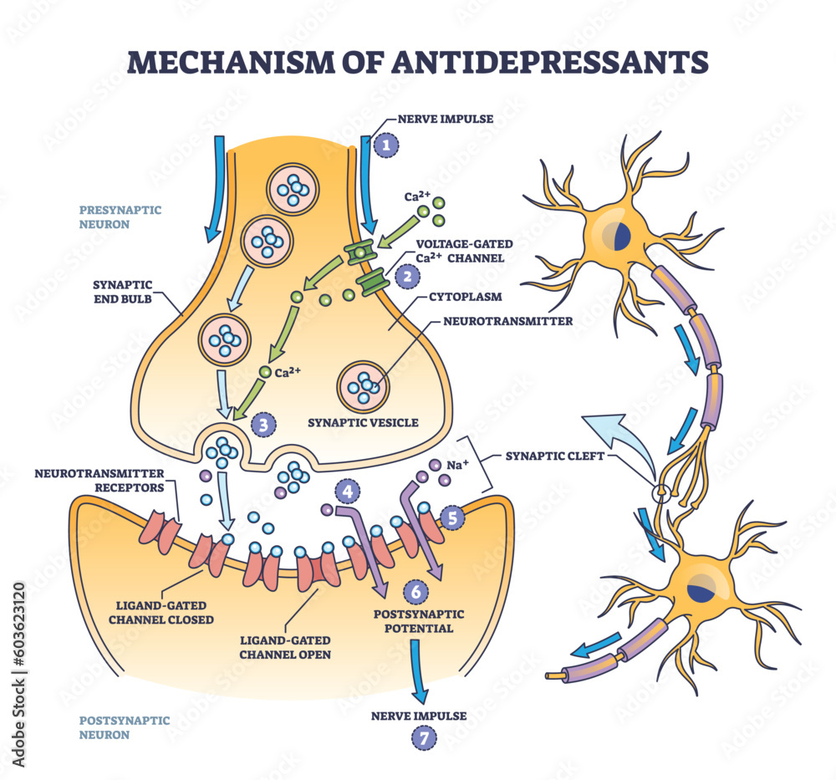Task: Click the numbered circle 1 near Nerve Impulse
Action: [x=385, y=145]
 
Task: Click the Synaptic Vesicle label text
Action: [x=362, y=423]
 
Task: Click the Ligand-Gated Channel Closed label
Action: [x=166, y=612]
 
